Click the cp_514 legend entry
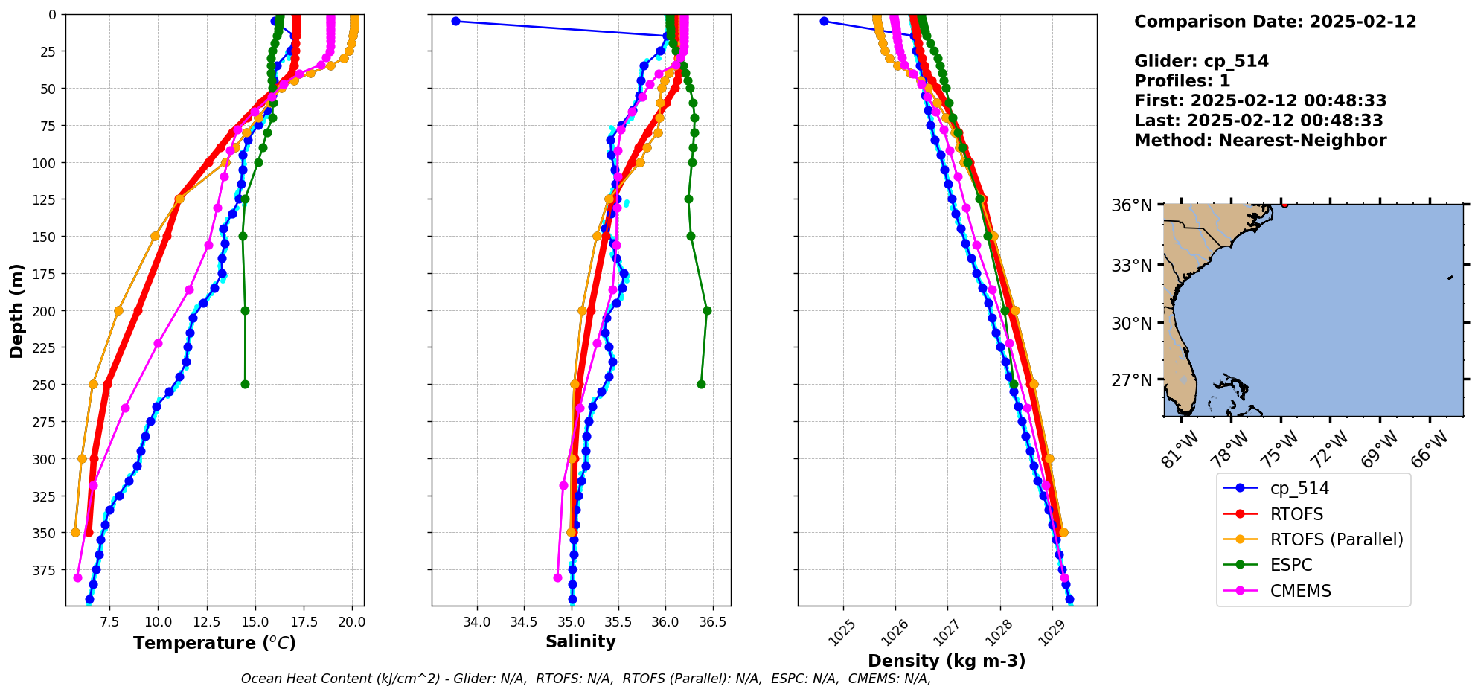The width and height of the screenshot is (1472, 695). [x=1299, y=488]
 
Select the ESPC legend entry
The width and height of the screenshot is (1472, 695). [x=1290, y=565]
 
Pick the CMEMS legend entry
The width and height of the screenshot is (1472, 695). [x=1299, y=591]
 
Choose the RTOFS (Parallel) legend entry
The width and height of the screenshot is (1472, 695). [x=1336, y=539]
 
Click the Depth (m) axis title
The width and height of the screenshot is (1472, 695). [x=16, y=310]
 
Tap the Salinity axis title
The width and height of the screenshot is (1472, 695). [x=580, y=642]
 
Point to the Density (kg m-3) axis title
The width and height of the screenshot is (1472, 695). [x=947, y=661]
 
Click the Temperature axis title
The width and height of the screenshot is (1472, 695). [x=214, y=643]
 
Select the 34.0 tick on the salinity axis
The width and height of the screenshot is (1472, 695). [x=476, y=622]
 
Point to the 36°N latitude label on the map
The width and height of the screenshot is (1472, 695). [x=1131, y=205]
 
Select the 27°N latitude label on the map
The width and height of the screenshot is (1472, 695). [x=1131, y=380]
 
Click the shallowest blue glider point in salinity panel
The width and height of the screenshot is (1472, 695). [x=455, y=21]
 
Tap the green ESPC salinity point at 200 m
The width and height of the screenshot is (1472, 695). [x=707, y=310]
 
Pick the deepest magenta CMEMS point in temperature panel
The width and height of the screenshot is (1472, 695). [x=77, y=577]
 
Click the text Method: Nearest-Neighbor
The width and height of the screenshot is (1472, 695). [x=1260, y=141]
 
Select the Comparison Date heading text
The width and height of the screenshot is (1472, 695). [x=1275, y=22]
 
